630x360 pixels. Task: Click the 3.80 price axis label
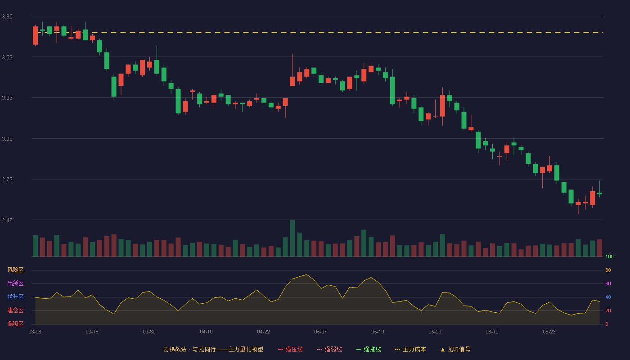click(7, 17)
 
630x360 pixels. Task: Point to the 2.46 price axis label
click(7, 220)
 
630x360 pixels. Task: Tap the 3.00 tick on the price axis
click(7, 139)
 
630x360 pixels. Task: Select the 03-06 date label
click(35, 332)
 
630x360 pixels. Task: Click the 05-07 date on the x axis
click(320, 332)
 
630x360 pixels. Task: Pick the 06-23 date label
click(549, 332)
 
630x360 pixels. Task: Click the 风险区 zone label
click(15, 270)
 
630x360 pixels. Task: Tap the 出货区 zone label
click(15, 283)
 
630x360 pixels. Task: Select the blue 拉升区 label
click(15, 297)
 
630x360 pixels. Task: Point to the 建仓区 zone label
click(15, 310)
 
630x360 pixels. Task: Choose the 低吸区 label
click(15, 324)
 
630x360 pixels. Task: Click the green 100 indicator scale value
click(609, 256)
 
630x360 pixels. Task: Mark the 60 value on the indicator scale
click(608, 283)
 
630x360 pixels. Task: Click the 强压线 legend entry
click(291, 349)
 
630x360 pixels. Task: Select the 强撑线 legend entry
click(369, 349)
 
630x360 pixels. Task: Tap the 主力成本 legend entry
click(410, 349)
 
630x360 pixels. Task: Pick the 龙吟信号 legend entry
click(455, 349)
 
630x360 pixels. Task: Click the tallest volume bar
click(292, 238)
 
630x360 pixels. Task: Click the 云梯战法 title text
click(175, 349)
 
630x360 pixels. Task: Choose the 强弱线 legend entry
click(329, 349)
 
